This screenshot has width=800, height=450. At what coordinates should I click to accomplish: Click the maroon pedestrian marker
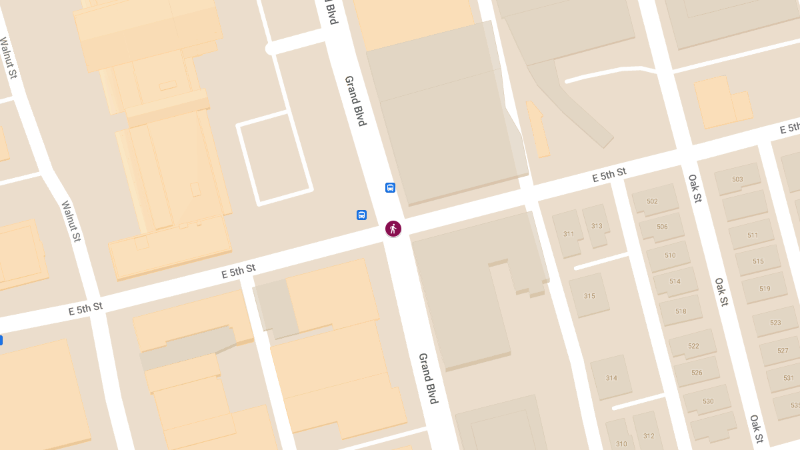(393, 229)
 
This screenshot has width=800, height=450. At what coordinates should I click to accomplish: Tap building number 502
(652, 201)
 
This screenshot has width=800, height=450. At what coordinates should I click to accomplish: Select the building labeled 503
(737, 179)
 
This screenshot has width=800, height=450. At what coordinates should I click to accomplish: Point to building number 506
(662, 227)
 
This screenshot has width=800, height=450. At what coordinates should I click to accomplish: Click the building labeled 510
(670, 255)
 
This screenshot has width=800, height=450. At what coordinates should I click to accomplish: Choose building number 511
(753, 235)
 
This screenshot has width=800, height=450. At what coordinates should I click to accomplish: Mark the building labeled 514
(675, 281)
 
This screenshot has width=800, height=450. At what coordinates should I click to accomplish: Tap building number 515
(758, 261)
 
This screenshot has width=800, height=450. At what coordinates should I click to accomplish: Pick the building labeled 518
(681, 311)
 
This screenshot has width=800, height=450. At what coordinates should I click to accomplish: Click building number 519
(764, 289)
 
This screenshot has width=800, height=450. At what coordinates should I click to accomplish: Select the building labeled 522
(693, 345)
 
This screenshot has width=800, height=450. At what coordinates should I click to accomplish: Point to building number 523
(775, 323)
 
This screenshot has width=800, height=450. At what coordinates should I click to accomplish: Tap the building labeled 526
(697, 373)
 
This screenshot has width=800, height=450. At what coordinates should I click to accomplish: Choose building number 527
(783, 351)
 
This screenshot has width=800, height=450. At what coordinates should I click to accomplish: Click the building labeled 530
(707, 401)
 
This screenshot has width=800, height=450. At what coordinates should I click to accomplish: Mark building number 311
(568, 234)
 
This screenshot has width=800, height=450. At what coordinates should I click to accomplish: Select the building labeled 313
(597, 226)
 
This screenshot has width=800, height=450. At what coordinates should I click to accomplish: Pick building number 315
(589, 296)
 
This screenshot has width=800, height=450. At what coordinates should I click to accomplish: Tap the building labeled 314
(611, 378)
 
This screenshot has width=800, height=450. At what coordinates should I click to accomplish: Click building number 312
(649, 436)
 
